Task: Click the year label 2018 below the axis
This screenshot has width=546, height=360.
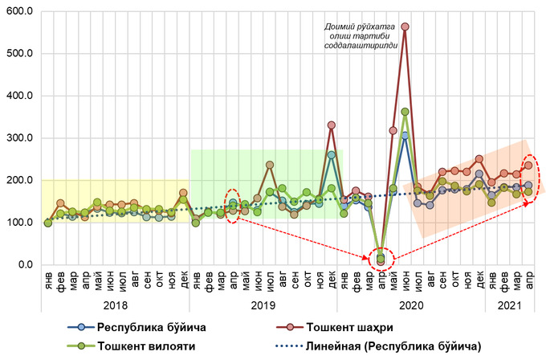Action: [x=115, y=305]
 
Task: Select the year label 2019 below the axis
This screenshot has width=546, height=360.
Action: [x=263, y=305]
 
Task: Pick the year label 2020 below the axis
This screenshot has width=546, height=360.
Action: [x=410, y=305]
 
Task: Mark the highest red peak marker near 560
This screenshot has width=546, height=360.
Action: [x=405, y=27]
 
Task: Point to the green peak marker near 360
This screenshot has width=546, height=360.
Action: [x=405, y=112]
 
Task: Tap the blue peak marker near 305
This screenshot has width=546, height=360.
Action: [x=405, y=135]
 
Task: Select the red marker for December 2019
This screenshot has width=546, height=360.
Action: [x=332, y=125]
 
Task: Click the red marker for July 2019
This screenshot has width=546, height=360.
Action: [x=270, y=165]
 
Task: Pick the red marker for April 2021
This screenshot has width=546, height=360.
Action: [x=528, y=165]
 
